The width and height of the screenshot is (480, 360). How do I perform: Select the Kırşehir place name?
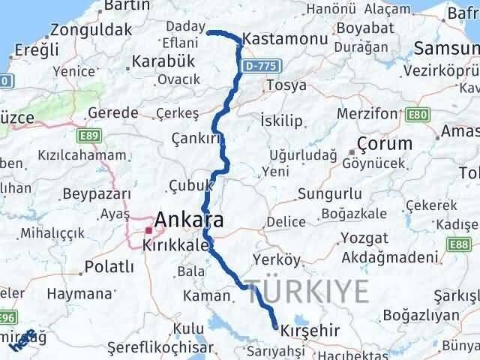(310, 330)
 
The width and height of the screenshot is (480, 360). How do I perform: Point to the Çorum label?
(385, 143)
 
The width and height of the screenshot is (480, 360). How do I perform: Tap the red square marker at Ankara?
(149, 230)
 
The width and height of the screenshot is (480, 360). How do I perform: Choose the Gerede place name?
(113, 112)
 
